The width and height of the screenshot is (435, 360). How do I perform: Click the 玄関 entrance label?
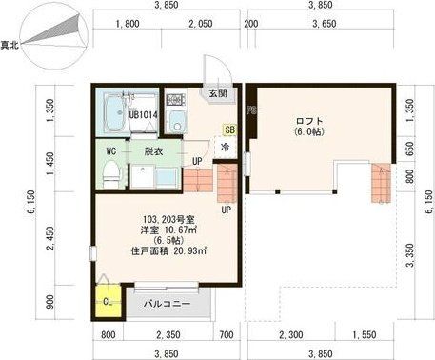(218, 94)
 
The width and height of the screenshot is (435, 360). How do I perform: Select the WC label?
(110, 150)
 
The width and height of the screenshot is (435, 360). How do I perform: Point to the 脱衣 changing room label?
(153, 150)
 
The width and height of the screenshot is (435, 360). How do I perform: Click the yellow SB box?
(229, 130)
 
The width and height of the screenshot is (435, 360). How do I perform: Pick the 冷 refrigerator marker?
(226, 148)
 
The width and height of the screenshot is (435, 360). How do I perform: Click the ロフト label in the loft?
(310, 120)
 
